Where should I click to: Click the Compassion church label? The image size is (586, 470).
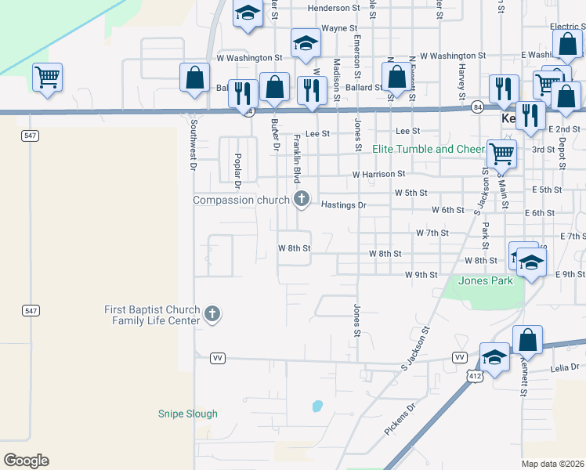241,200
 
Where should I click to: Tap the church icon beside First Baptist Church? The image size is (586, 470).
212,315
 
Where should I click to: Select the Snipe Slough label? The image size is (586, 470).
188,414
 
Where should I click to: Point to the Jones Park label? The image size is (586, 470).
486,280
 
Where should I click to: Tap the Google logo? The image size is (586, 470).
26,461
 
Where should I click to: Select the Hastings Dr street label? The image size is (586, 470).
344,204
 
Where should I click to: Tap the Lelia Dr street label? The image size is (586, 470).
564,367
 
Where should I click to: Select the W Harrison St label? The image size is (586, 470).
378,174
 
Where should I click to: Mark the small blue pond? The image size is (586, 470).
317,406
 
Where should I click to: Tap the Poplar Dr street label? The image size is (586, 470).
236,170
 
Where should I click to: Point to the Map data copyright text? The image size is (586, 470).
553,464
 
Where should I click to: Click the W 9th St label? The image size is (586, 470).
421,275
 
